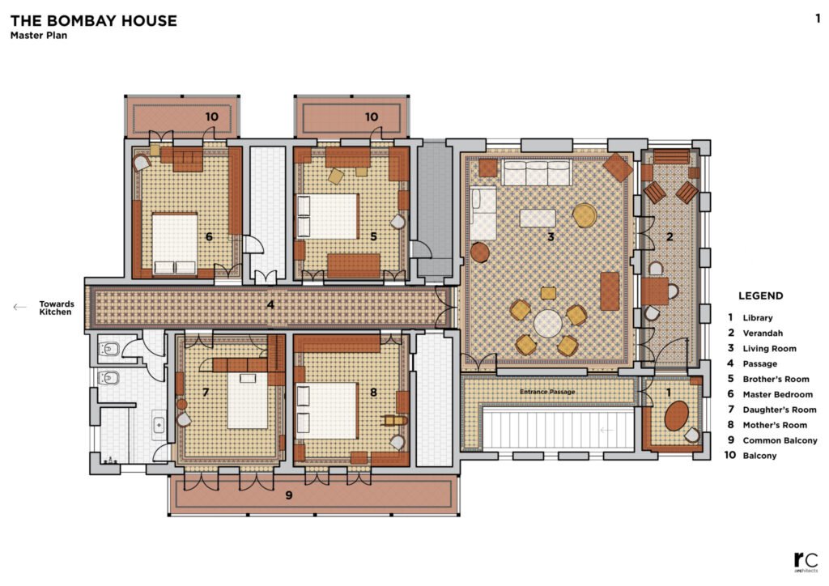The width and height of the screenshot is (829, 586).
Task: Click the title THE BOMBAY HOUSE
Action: pos(94,20)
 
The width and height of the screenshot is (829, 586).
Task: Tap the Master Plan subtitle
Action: pos(39,36)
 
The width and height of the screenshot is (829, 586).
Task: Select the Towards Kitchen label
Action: pos(57,308)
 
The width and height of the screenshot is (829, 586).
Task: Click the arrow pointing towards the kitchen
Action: pos(19,307)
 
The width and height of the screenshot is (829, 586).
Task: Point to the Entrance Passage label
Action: pos(547,392)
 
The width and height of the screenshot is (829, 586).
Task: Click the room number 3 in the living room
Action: pos(551,236)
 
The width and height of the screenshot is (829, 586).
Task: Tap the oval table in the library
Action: pos(676,416)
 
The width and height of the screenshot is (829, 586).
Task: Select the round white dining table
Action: pos(547,324)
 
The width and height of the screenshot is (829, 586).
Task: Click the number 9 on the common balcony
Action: pos(289,495)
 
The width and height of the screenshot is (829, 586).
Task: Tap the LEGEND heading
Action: pos(761,296)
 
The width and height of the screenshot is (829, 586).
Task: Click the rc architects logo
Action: pos(806,562)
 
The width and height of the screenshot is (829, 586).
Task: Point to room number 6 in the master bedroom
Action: pos(210,236)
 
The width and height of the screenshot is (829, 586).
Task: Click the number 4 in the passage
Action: pos(270,305)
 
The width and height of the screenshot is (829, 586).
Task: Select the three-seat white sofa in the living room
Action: pos(536,172)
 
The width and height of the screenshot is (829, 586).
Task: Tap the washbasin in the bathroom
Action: pos(159,424)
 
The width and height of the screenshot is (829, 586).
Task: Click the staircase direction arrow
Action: pos(606,430)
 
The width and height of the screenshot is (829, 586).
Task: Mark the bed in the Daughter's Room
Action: pos(248,400)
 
